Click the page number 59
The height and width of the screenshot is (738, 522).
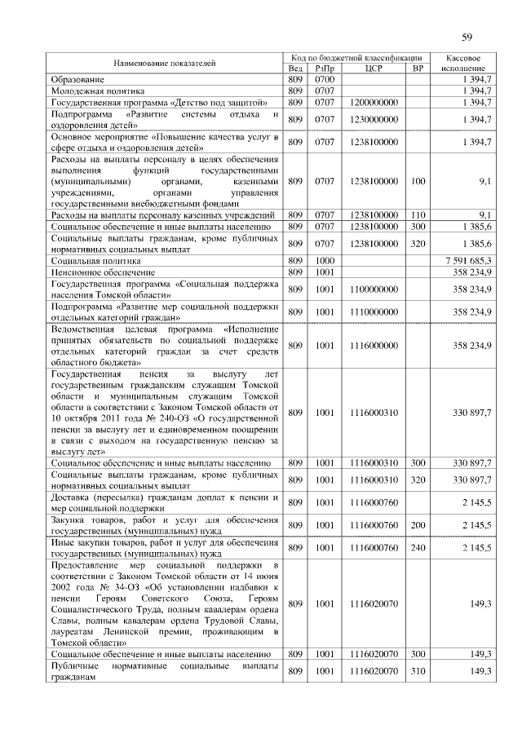[x=467, y=37]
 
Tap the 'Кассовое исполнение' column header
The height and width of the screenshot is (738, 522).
[x=468, y=63]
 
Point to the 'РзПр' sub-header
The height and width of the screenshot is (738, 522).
[x=325, y=68]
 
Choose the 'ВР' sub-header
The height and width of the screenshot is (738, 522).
[x=418, y=68]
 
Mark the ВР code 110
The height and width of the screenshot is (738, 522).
[x=418, y=214]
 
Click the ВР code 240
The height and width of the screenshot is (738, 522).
[x=418, y=547]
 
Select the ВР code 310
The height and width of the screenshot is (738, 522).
[x=418, y=671]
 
